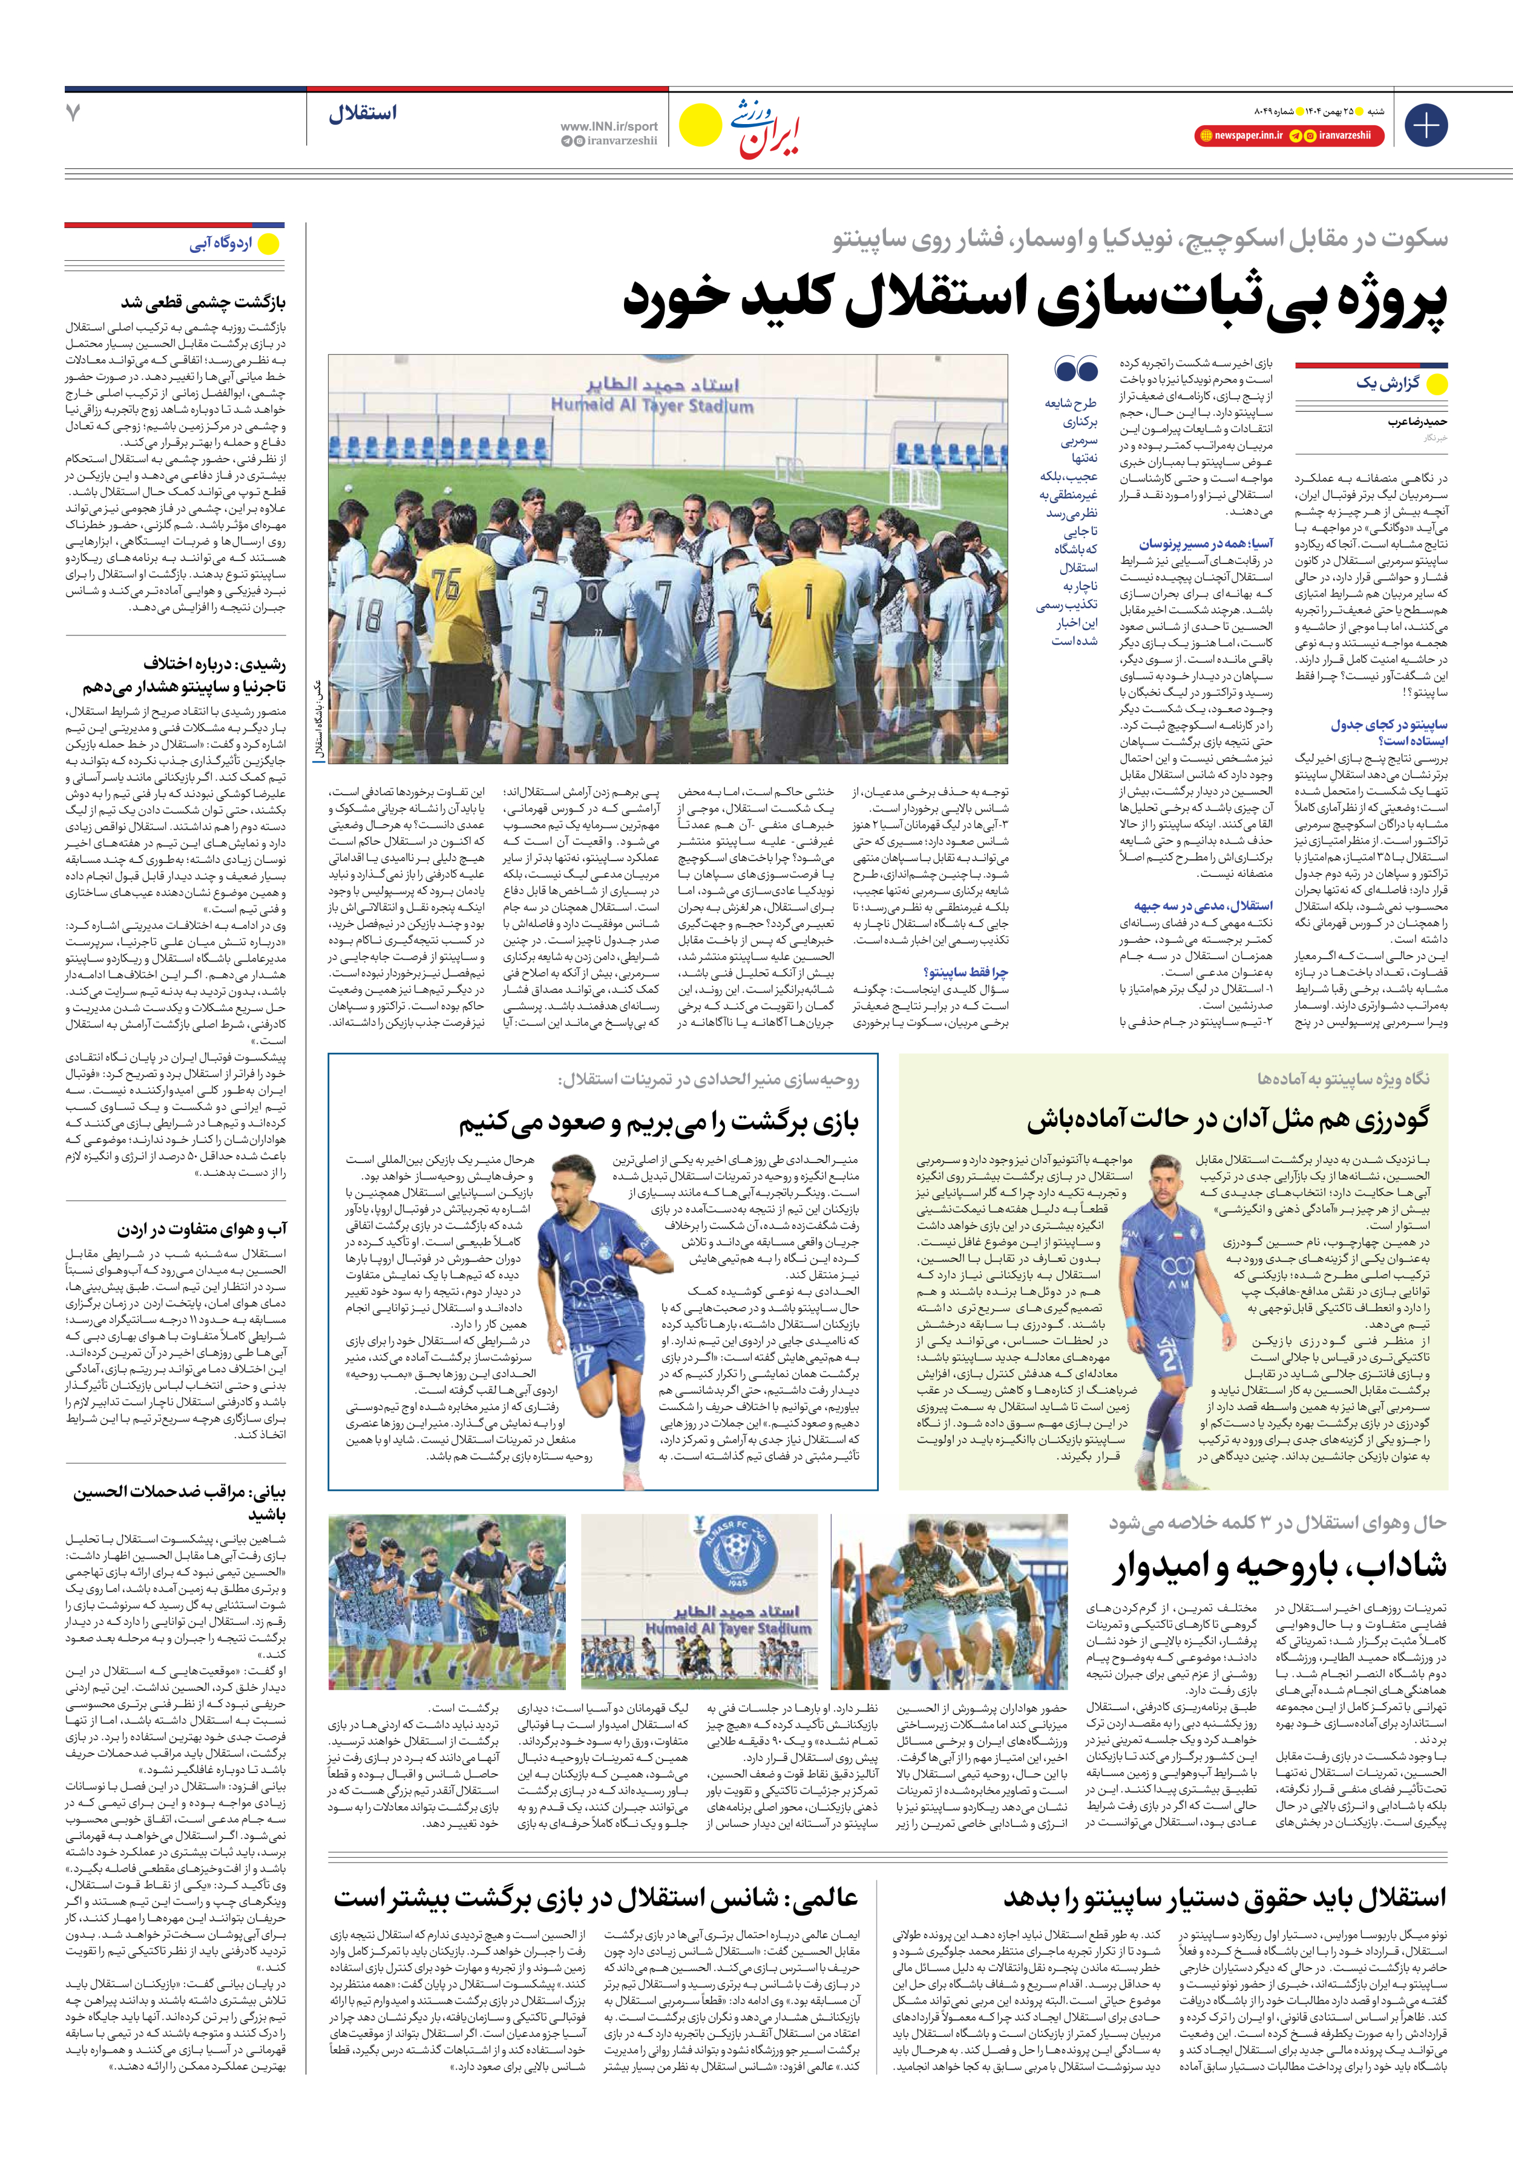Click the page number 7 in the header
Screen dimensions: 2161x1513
[x=73, y=113]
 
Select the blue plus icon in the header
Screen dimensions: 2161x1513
[x=1425, y=125]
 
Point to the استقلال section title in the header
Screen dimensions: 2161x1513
[x=363, y=114]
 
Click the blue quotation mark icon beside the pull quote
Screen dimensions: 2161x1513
[x=1076, y=367]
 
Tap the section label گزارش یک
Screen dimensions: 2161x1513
[x=1388, y=383]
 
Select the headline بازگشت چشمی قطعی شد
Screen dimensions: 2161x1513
[x=202, y=303]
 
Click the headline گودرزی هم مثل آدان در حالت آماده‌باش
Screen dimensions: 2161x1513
[x=1228, y=1119]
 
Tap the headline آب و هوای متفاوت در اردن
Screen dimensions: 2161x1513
[x=202, y=1229]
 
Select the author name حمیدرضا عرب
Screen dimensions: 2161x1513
[x=1417, y=422]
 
